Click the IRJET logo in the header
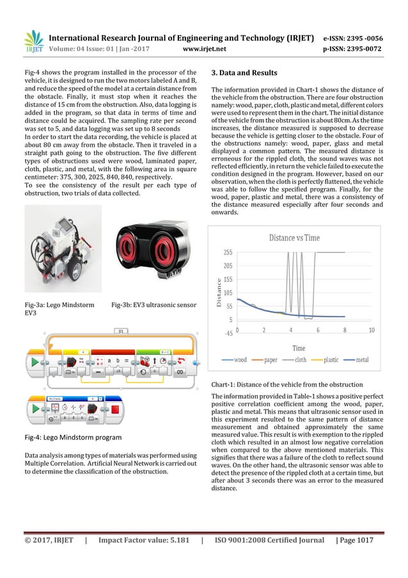[33, 43]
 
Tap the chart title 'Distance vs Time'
[294, 238]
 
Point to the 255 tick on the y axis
[228, 252]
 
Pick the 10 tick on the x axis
[372, 330]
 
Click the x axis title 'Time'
[299, 347]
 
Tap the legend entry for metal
[361, 360]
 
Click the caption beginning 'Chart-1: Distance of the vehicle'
[287, 384]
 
